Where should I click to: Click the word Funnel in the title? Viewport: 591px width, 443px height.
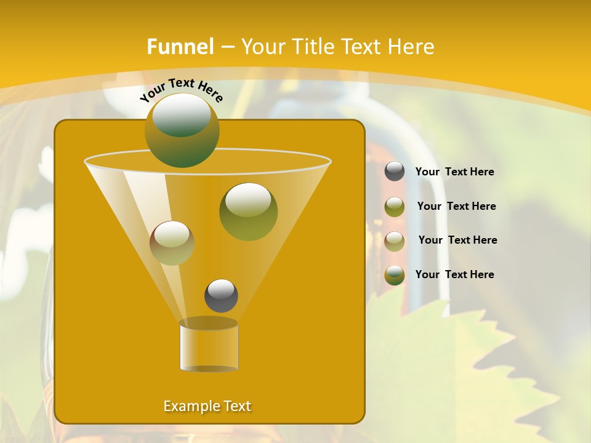[x=180, y=47]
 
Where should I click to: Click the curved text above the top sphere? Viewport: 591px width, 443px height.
[x=181, y=90]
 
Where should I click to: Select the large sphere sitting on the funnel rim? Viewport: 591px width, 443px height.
[x=182, y=130]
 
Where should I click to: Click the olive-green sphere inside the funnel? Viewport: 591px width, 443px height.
[x=248, y=211]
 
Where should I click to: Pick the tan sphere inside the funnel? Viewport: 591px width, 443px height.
[x=172, y=243]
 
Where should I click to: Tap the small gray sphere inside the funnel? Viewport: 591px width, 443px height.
[x=221, y=295]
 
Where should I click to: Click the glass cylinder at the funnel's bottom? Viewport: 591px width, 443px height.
[x=209, y=345]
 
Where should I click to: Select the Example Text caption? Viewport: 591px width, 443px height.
[x=207, y=406]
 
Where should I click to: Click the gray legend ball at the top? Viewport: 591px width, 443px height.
[x=395, y=172]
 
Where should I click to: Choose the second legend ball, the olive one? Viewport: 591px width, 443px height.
[x=395, y=206]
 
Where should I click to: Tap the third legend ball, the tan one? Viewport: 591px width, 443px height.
[x=395, y=241]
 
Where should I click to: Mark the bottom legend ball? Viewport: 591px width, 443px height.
[x=395, y=275]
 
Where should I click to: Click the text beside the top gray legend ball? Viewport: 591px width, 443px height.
[x=454, y=172]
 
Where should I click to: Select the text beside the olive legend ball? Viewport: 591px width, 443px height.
[x=456, y=207]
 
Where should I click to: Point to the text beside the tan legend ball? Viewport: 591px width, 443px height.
[x=457, y=241]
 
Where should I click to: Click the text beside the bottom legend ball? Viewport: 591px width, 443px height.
[x=454, y=275]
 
